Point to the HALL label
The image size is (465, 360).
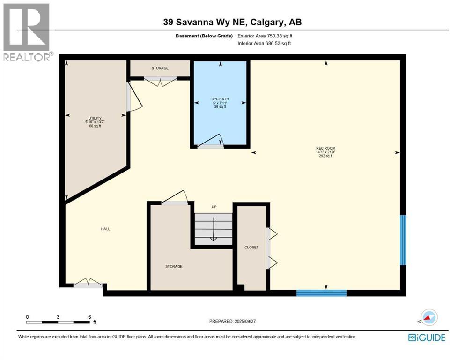(105, 229)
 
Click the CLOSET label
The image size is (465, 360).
(251, 247)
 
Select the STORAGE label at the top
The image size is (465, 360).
(160, 68)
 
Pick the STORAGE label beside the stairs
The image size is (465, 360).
(173, 266)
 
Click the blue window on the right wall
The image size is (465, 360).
(403, 240)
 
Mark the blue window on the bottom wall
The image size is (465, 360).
(321, 293)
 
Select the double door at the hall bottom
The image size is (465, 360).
(88, 283)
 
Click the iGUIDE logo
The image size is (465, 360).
(426, 337)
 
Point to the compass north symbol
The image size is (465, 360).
(428, 318)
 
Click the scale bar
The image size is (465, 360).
(58, 322)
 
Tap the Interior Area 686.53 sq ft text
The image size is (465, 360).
(264, 43)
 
